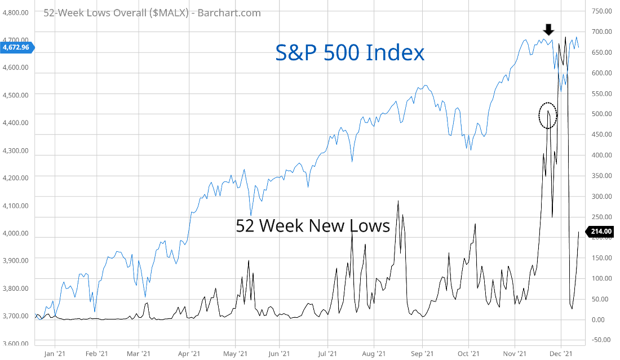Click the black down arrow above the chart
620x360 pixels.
(548, 29)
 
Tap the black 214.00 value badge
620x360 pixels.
(601, 231)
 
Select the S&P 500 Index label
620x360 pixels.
(349, 53)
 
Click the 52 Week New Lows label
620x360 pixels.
(313, 226)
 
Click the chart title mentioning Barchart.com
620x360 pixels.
(152, 13)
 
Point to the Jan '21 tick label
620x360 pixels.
(55, 353)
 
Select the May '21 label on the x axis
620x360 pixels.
(236, 353)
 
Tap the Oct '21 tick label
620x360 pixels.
(468, 353)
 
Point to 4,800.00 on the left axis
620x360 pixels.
(16, 12)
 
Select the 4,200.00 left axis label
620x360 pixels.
(16, 178)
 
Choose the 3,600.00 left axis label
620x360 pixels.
(16, 344)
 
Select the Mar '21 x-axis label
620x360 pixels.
(139, 353)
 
